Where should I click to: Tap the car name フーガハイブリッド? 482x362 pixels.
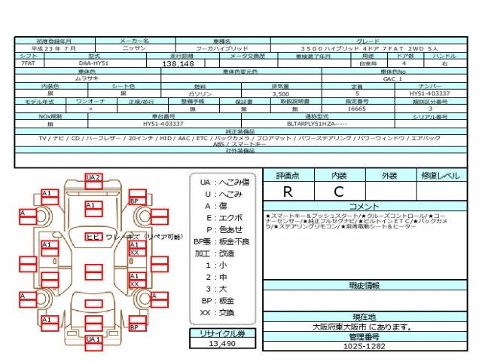(x=222, y=48)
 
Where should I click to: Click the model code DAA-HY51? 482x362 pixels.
(x=94, y=65)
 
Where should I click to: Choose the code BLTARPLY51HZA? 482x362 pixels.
(x=316, y=123)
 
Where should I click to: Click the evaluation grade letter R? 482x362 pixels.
(x=288, y=192)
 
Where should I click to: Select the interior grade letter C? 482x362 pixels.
(x=338, y=192)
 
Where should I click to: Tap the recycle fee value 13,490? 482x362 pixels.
(x=222, y=343)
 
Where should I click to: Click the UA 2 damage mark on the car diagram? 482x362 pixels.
(x=93, y=177)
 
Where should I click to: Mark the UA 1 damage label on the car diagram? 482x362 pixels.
(x=93, y=339)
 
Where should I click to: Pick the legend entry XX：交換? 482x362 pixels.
(x=217, y=312)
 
